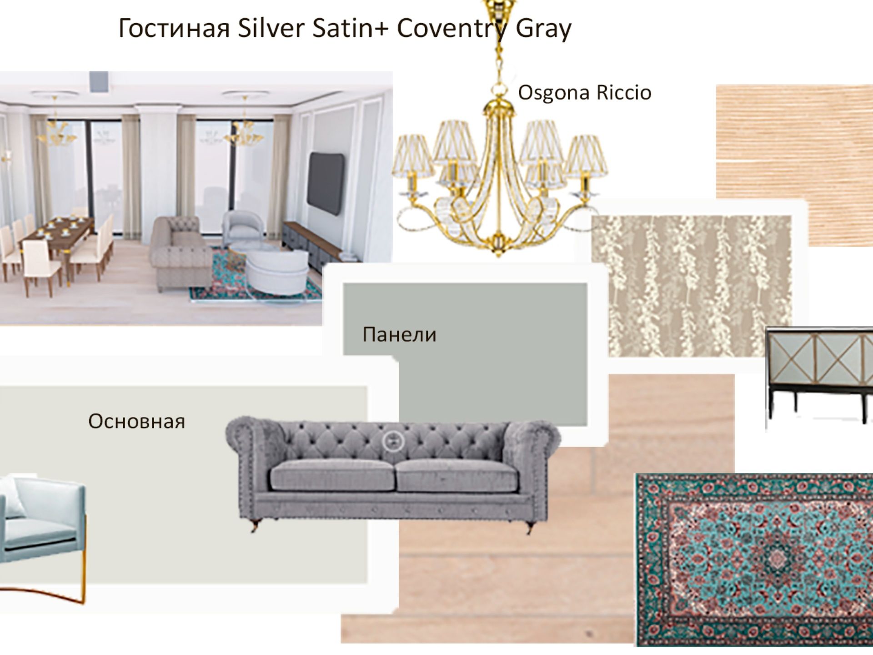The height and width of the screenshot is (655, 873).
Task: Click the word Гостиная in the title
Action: coord(174,28)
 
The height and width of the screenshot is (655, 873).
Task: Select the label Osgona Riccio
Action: coord(585,93)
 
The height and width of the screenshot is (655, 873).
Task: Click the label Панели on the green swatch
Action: coord(399,335)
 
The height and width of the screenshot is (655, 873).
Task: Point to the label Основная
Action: coord(136,421)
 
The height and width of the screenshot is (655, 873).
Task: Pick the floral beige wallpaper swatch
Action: coord(691,286)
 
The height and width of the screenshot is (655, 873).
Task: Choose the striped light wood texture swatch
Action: coord(794,165)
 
